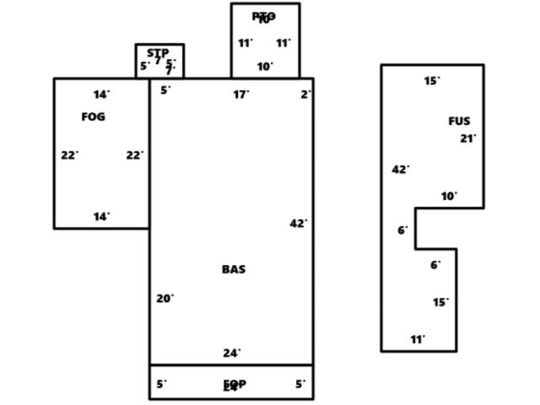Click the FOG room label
click(93, 117)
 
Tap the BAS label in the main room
click(234, 269)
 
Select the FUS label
click(459, 121)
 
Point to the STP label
click(158, 53)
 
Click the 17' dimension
click(241, 94)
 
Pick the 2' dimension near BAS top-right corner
click(305, 94)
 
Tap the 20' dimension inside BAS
click(165, 298)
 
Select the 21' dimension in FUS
click(467, 138)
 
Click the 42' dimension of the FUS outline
click(400, 170)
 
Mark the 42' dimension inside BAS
click(298, 224)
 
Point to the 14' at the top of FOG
click(101, 94)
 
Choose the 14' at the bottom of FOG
click(101, 217)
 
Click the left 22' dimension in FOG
click(69, 155)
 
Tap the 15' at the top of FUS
click(431, 81)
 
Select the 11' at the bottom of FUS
click(418, 340)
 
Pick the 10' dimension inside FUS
click(449, 197)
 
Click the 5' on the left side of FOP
click(161, 384)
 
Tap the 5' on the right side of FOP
click(300, 384)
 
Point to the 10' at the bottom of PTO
click(265, 67)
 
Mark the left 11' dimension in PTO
click(245, 43)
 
